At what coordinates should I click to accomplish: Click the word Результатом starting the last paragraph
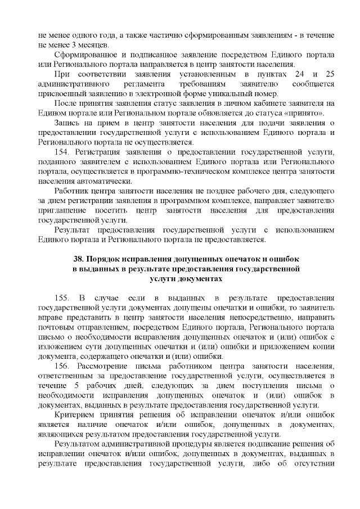pyautogui.click(x=79, y=442)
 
